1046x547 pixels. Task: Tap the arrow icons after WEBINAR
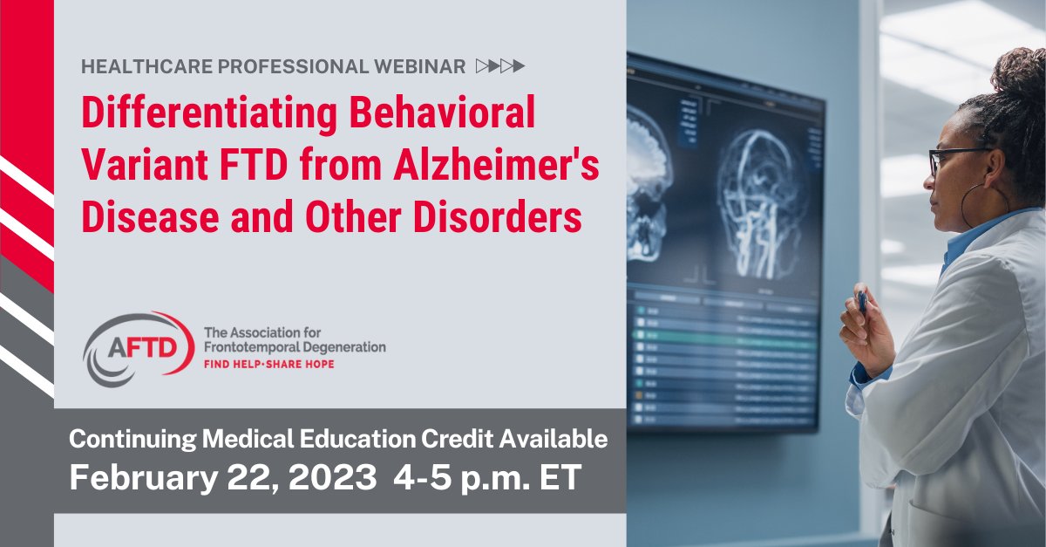coord(501,66)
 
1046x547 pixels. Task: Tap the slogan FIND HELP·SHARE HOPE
coord(268,364)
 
